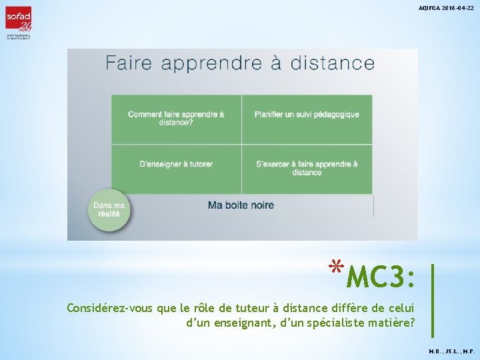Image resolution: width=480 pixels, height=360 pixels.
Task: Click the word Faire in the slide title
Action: click(x=129, y=63)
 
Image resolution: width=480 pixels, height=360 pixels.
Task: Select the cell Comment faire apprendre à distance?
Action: click(x=176, y=118)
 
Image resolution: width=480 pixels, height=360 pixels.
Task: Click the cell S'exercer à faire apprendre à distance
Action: click(x=307, y=168)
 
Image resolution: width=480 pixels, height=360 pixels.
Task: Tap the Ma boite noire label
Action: click(x=241, y=205)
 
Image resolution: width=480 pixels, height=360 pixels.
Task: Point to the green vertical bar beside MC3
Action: click(x=433, y=300)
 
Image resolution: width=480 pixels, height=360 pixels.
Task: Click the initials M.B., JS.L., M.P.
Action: click(x=451, y=350)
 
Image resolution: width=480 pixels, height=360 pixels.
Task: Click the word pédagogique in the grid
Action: click(x=333, y=115)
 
